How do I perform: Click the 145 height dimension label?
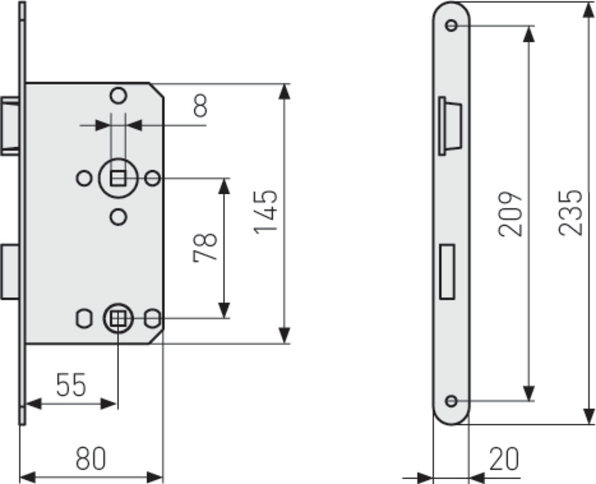pyautogui.click(x=266, y=212)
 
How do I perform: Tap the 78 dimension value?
pyautogui.click(x=205, y=247)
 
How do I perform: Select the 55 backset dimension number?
pyautogui.click(x=71, y=385)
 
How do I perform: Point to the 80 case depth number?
pyautogui.click(x=90, y=458)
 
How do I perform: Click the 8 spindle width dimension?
pyautogui.click(x=200, y=106)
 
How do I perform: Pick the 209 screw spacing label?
pyautogui.click(x=510, y=214)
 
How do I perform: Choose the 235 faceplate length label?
pyautogui.click(x=570, y=212)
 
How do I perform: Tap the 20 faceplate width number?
pyautogui.click(x=504, y=459)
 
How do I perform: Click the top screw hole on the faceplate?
pyautogui.click(x=451, y=26)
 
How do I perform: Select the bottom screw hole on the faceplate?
pyautogui.click(x=451, y=401)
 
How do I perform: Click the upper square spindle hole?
pyautogui.click(x=118, y=178)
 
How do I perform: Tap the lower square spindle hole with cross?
pyautogui.click(x=118, y=319)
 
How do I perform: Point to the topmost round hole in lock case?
pyautogui.click(x=118, y=95)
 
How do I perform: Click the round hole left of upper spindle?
pyautogui.click(x=84, y=178)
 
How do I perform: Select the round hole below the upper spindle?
pyautogui.click(x=118, y=217)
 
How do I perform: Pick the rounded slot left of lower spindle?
pyautogui.click(x=84, y=319)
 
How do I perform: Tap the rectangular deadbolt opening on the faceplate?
pyautogui.click(x=447, y=271)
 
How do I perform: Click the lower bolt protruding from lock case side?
pyautogui.click(x=10, y=272)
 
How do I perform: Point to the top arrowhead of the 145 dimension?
pyautogui.click(x=284, y=91)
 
